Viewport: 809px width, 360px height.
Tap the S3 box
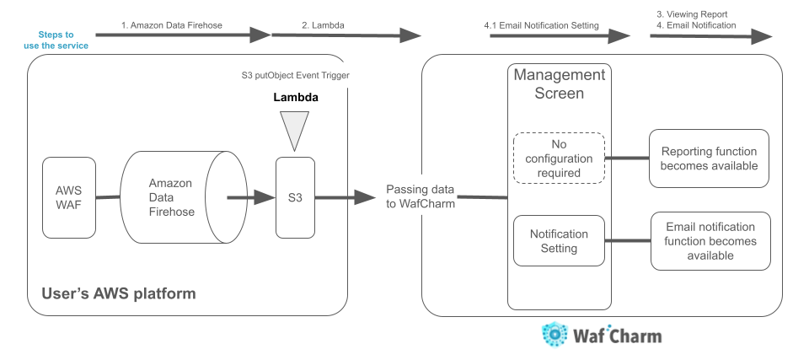click(294, 198)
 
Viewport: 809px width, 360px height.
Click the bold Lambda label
click(296, 97)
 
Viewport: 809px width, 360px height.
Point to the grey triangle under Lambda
click(294, 130)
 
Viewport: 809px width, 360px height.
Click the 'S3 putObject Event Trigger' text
click(295, 76)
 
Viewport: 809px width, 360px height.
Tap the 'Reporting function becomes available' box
click(709, 159)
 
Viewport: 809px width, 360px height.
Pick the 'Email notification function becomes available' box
click(710, 241)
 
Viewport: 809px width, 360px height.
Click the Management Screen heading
click(560, 84)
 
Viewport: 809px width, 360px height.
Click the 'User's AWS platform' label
click(118, 293)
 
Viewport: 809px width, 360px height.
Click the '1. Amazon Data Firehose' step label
click(172, 25)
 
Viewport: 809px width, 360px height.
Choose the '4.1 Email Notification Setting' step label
click(541, 25)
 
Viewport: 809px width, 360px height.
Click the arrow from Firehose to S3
click(253, 198)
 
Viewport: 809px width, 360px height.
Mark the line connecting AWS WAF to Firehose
click(109, 198)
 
